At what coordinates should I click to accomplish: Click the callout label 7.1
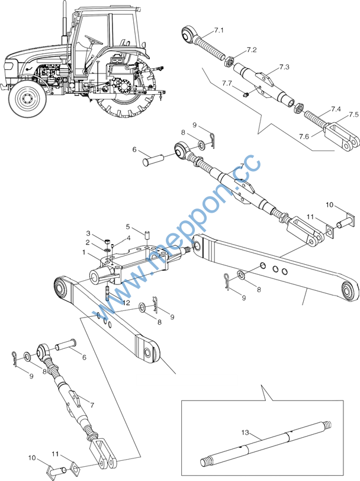coord(219,30)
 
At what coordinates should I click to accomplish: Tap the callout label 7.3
coord(284,68)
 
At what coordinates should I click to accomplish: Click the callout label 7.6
coord(304,136)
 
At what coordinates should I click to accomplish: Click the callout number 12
coord(109,302)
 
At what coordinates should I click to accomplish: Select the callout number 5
coord(127,226)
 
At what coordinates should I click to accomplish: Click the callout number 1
coord(85,252)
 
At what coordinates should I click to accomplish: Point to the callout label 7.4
coord(336,110)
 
